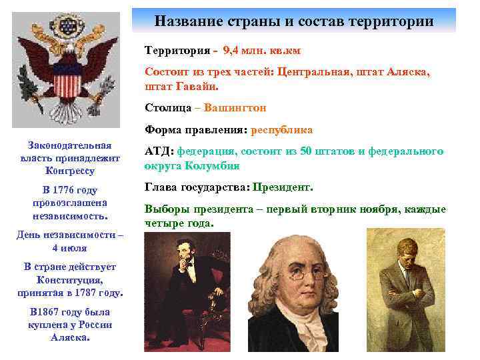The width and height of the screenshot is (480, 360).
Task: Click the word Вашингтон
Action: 236,107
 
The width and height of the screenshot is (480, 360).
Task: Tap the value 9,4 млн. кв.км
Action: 244,50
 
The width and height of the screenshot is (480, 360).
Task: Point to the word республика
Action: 282,130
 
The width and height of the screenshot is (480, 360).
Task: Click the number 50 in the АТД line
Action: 306,152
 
